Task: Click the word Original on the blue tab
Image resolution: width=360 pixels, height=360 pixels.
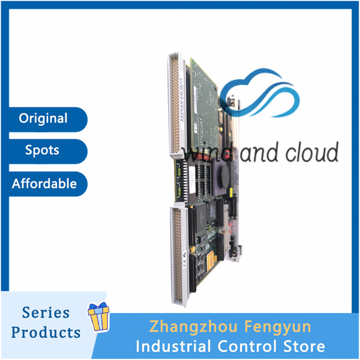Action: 43,118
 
